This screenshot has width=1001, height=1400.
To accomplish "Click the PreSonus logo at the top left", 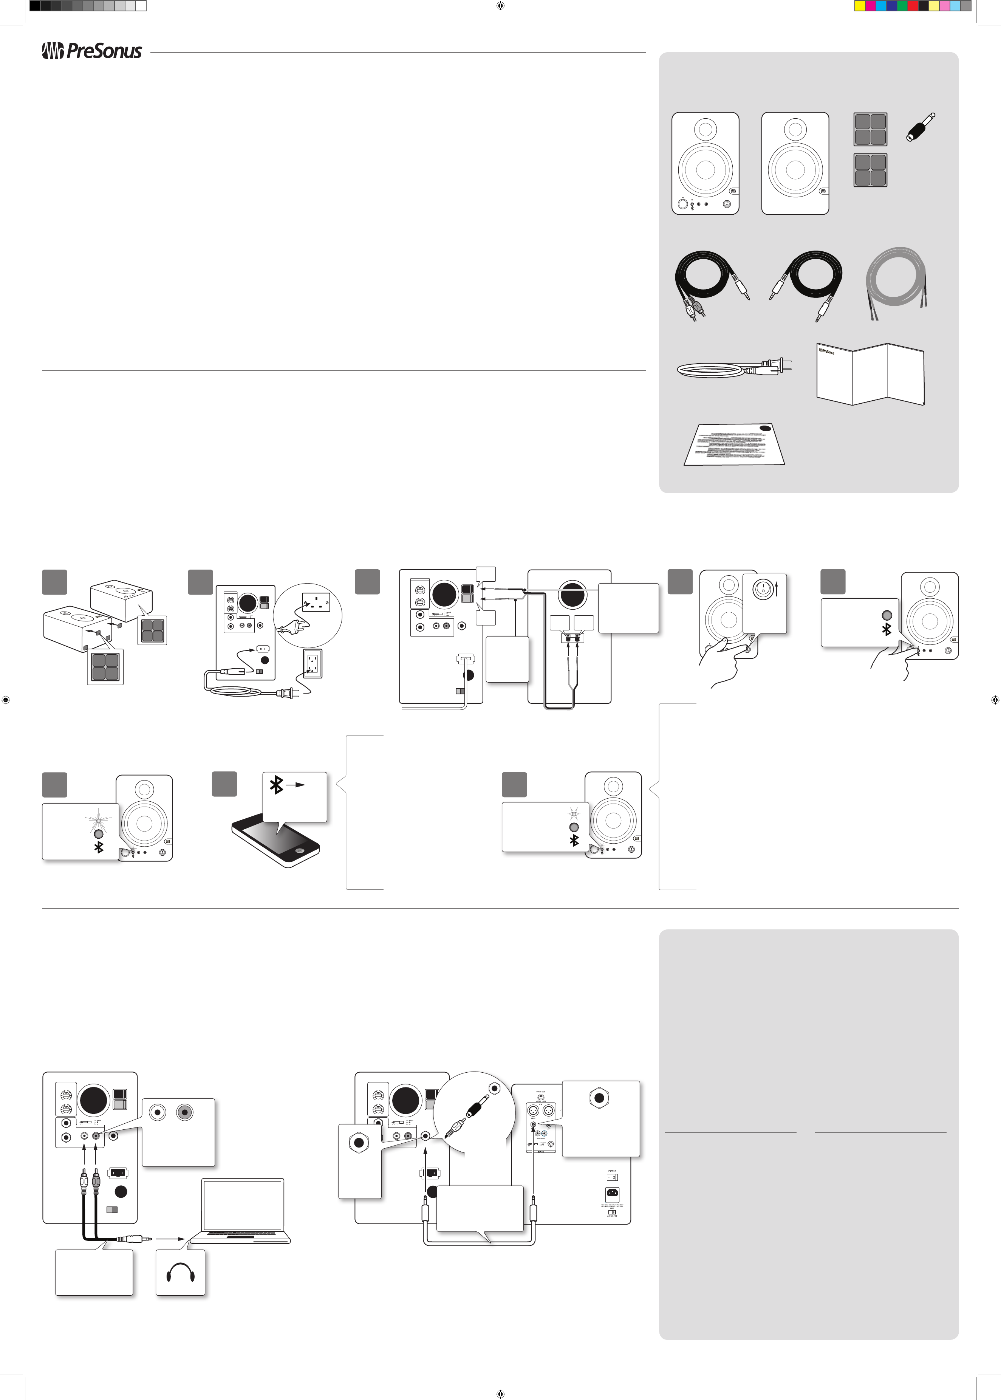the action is pos(92,51).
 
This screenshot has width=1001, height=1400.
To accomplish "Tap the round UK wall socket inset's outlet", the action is pos(316,602).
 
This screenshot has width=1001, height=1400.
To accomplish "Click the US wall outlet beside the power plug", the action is pos(313,663).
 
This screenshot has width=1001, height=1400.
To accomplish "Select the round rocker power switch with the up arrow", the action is pos(764,590).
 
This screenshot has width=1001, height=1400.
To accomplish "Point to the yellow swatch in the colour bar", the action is pos(860,6).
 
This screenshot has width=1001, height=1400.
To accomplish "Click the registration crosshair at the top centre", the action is pos(500,6).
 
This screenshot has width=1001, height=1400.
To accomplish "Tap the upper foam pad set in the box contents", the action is pos(870,129).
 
